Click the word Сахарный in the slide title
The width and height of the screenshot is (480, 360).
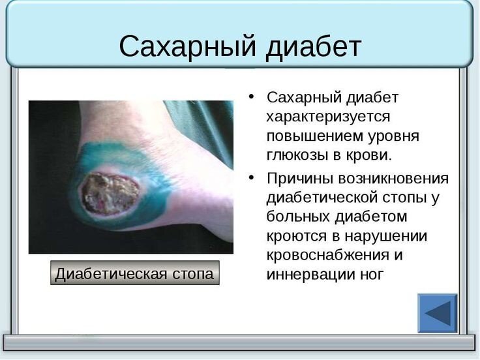pos(187,46)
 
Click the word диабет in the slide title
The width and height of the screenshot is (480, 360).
pos(314,46)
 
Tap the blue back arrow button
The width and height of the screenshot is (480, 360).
pos(438,313)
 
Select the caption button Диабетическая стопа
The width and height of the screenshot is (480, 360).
pos(135,273)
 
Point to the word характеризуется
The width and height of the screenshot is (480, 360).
pos(328,117)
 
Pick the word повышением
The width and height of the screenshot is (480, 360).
pos(314,136)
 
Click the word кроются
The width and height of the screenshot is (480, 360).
pos(292,236)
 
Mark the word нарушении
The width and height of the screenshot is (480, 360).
pos(386,236)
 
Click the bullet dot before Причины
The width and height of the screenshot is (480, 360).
pos(251,177)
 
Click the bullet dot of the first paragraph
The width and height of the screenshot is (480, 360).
pos(251,97)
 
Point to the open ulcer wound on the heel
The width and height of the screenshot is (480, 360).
pos(110,194)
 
